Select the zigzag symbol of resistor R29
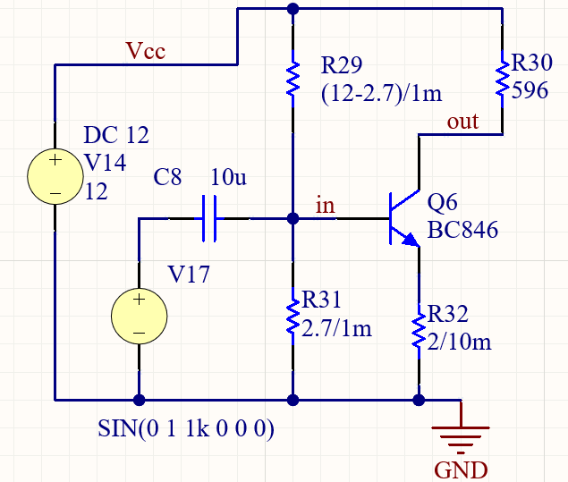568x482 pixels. point(292,78)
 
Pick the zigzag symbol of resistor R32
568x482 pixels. point(418,328)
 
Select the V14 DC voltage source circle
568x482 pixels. point(55,175)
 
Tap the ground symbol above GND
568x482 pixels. point(461,436)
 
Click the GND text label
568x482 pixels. point(461,469)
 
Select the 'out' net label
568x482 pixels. point(462,122)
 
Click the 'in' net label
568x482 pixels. point(326,205)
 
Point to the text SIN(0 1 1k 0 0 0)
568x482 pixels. point(185,428)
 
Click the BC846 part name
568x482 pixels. point(462,230)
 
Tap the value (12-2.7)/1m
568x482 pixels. point(382,92)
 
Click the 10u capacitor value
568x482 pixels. point(227,178)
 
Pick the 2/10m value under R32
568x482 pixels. point(458,341)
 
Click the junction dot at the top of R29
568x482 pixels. point(292,9)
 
